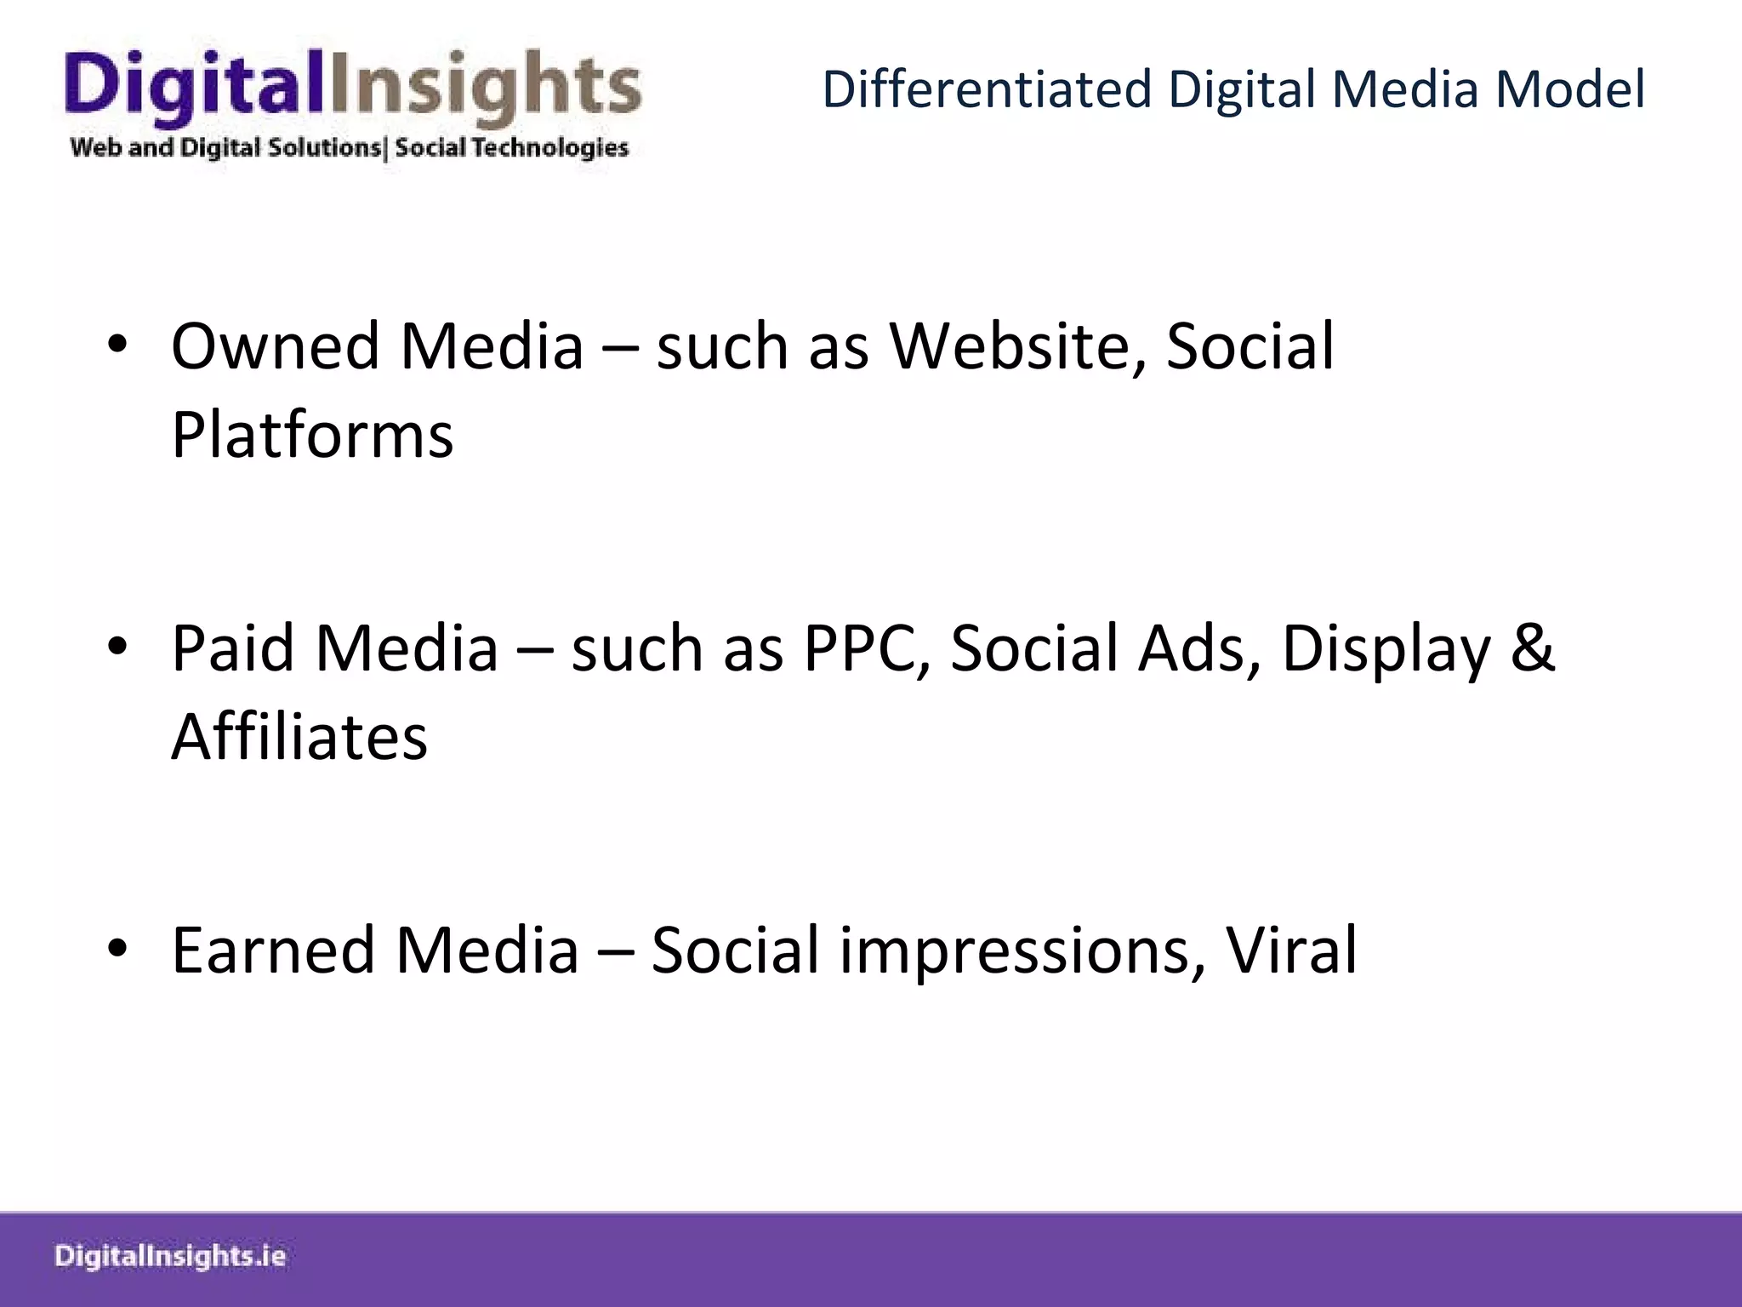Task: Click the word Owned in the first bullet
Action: pos(274,347)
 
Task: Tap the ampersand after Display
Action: pos(1532,648)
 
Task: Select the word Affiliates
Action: pos(299,737)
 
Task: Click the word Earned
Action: pos(272,950)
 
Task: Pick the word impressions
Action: pos(1022,950)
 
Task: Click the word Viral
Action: pos(1291,950)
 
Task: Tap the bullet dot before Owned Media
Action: pos(117,345)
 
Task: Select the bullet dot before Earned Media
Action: pos(117,948)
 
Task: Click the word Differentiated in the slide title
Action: pos(987,89)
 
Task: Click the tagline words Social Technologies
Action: pos(511,148)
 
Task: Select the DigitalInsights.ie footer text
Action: pos(170,1257)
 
